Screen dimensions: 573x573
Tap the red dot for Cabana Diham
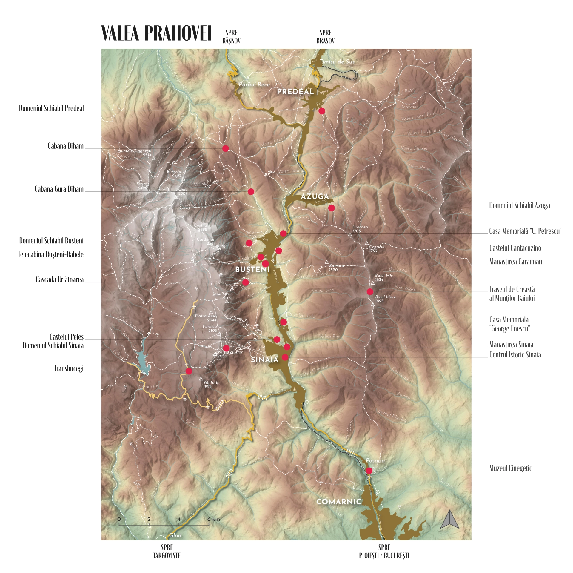tap(225, 148)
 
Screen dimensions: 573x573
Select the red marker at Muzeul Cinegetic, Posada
tap(369, 471)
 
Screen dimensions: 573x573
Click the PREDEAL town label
tap(295, 92)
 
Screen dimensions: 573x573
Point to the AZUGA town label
tap(315, 196)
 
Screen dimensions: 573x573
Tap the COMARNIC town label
tap(338, 502)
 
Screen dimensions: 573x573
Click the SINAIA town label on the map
tap(264, 360)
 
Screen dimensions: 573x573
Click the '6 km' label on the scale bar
tap(213, 519)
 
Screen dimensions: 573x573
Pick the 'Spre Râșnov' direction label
tap(231, 36)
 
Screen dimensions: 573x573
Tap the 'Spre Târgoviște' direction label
tap(167, 551)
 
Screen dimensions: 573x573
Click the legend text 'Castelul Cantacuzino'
tap(515, 248)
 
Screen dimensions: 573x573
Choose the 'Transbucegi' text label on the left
tap(69, 368)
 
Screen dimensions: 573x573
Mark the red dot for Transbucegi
tap(189, 371)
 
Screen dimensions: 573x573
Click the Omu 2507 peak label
tap(183, 191)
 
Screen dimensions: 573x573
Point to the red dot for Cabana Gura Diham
tap(251, 191)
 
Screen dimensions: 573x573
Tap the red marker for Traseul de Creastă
tap(370, 291)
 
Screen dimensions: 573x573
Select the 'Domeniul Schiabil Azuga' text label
tap(519, 205)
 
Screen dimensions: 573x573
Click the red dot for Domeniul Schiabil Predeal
tap(321, 111)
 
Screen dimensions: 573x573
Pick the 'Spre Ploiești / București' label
tap(384, 551)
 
